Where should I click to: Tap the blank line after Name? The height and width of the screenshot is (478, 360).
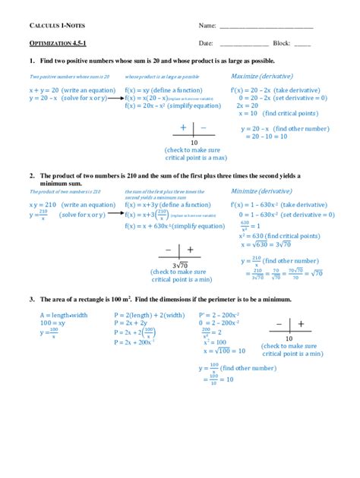(266, 28)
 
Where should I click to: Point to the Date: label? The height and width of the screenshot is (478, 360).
(206, 43)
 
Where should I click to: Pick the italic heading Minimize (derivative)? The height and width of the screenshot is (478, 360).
(261, 191)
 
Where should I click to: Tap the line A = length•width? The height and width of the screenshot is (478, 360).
(65, 313)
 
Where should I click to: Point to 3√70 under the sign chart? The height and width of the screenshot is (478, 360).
(179, 265)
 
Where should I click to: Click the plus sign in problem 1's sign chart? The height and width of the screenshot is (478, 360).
(183, 128)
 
